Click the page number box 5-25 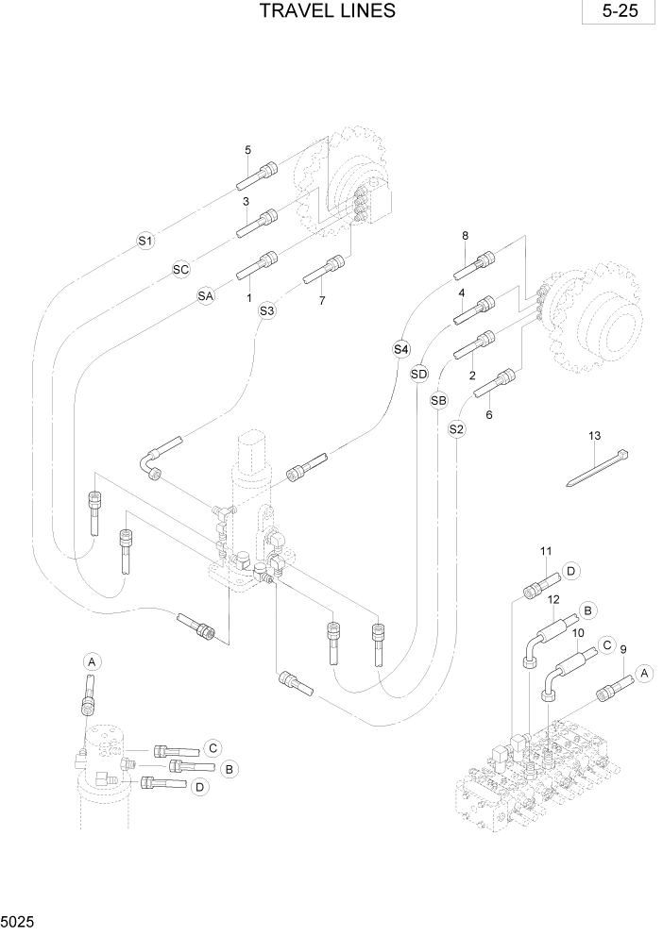619,13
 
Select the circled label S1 145,242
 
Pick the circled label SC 181,270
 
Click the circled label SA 206,296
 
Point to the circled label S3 267,310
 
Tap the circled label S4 401,349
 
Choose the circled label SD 420,374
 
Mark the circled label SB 438,401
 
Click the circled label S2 456,429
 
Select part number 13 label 594,436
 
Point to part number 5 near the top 247,150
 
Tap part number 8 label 465,235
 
